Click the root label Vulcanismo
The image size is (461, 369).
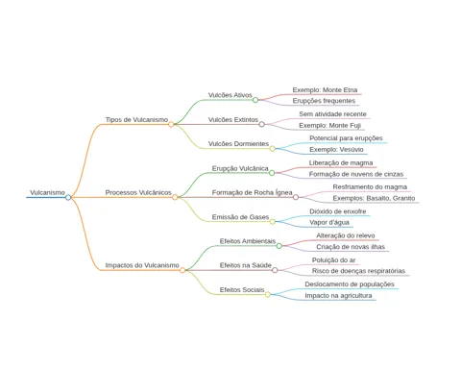[x=47, y=192]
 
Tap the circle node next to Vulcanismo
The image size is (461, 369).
[x=68, y=197]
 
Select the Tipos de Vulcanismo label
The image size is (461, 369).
[x=136, y=120]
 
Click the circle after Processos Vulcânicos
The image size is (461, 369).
[x=175, y=197]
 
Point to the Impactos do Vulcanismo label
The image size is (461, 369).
[x=142, y=265]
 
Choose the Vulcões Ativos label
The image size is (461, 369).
[x=230, y=95]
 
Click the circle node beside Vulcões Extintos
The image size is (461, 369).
[x=262, y=124]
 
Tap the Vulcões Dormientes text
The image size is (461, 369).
[x=238, y=144]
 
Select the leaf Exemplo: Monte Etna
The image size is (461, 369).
[x=325, y=90]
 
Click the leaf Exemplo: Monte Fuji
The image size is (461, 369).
[x=330, y=126]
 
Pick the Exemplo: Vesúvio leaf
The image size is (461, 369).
[x=336, y=150]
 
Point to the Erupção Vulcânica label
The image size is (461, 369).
[x=240, y=168]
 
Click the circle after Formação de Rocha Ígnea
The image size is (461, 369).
[x=296, y=197]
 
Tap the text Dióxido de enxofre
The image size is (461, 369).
[x=338, y=211]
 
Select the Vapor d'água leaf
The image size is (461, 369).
[x=329, y=222]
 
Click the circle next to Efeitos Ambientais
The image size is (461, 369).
[x=279, y=246]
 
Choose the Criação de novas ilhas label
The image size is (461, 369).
[x=351, y=247]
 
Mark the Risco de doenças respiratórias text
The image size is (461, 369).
[x=358, y=271]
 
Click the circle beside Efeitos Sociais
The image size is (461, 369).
[x=268, y=294]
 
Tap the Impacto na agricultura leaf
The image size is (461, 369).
[x=338, y=296]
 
